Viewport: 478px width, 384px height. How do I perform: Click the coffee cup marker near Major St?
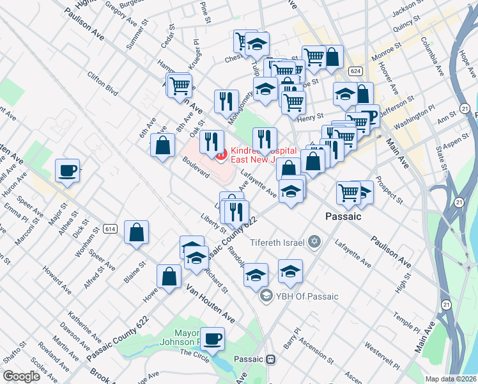click(67, 171)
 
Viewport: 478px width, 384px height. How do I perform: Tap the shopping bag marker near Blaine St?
click(137, 233)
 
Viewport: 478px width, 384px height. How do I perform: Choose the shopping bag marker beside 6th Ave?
click(163, 145)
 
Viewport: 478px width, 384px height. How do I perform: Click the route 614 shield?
click(110, 227)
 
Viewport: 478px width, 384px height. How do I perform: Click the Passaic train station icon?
click(271, 360)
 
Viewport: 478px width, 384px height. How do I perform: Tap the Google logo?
click(22, 376)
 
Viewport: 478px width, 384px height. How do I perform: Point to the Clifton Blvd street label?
click(103, 83)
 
